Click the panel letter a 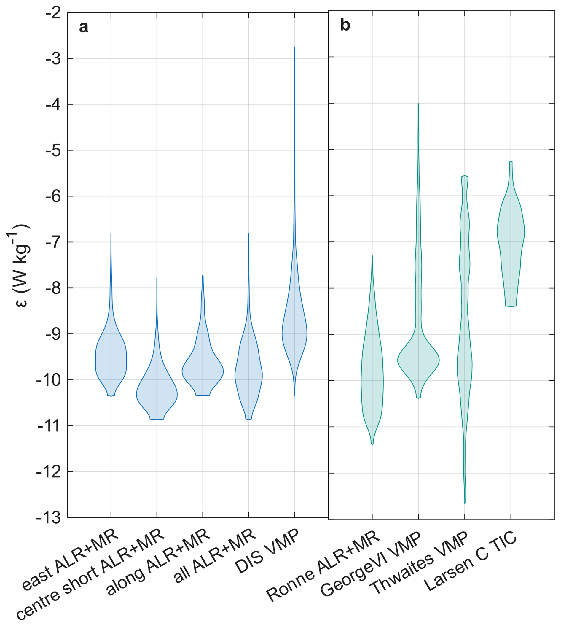click(84, 27)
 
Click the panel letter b click(345, 25)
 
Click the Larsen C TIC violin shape click(511, 234)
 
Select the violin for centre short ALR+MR click(157, 395)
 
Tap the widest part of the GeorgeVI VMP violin click(418, 360)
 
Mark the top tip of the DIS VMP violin click(294, 48)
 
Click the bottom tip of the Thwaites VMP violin click(465, 503)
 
